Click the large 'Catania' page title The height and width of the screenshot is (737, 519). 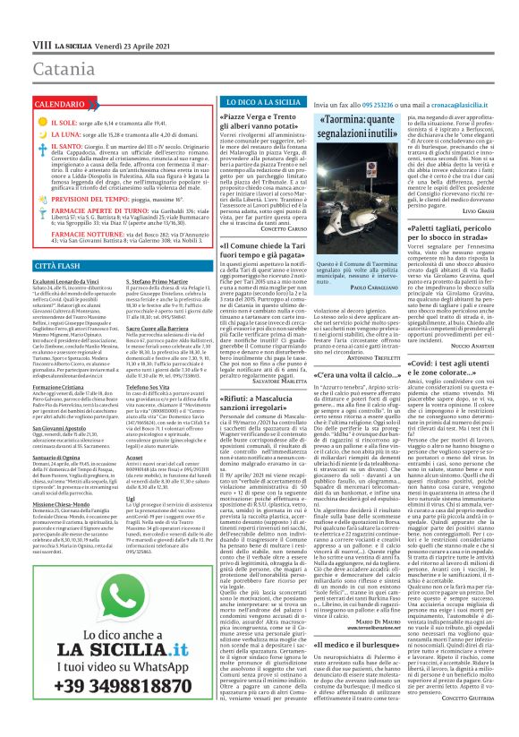pyautogui.click(x=39, y=69)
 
